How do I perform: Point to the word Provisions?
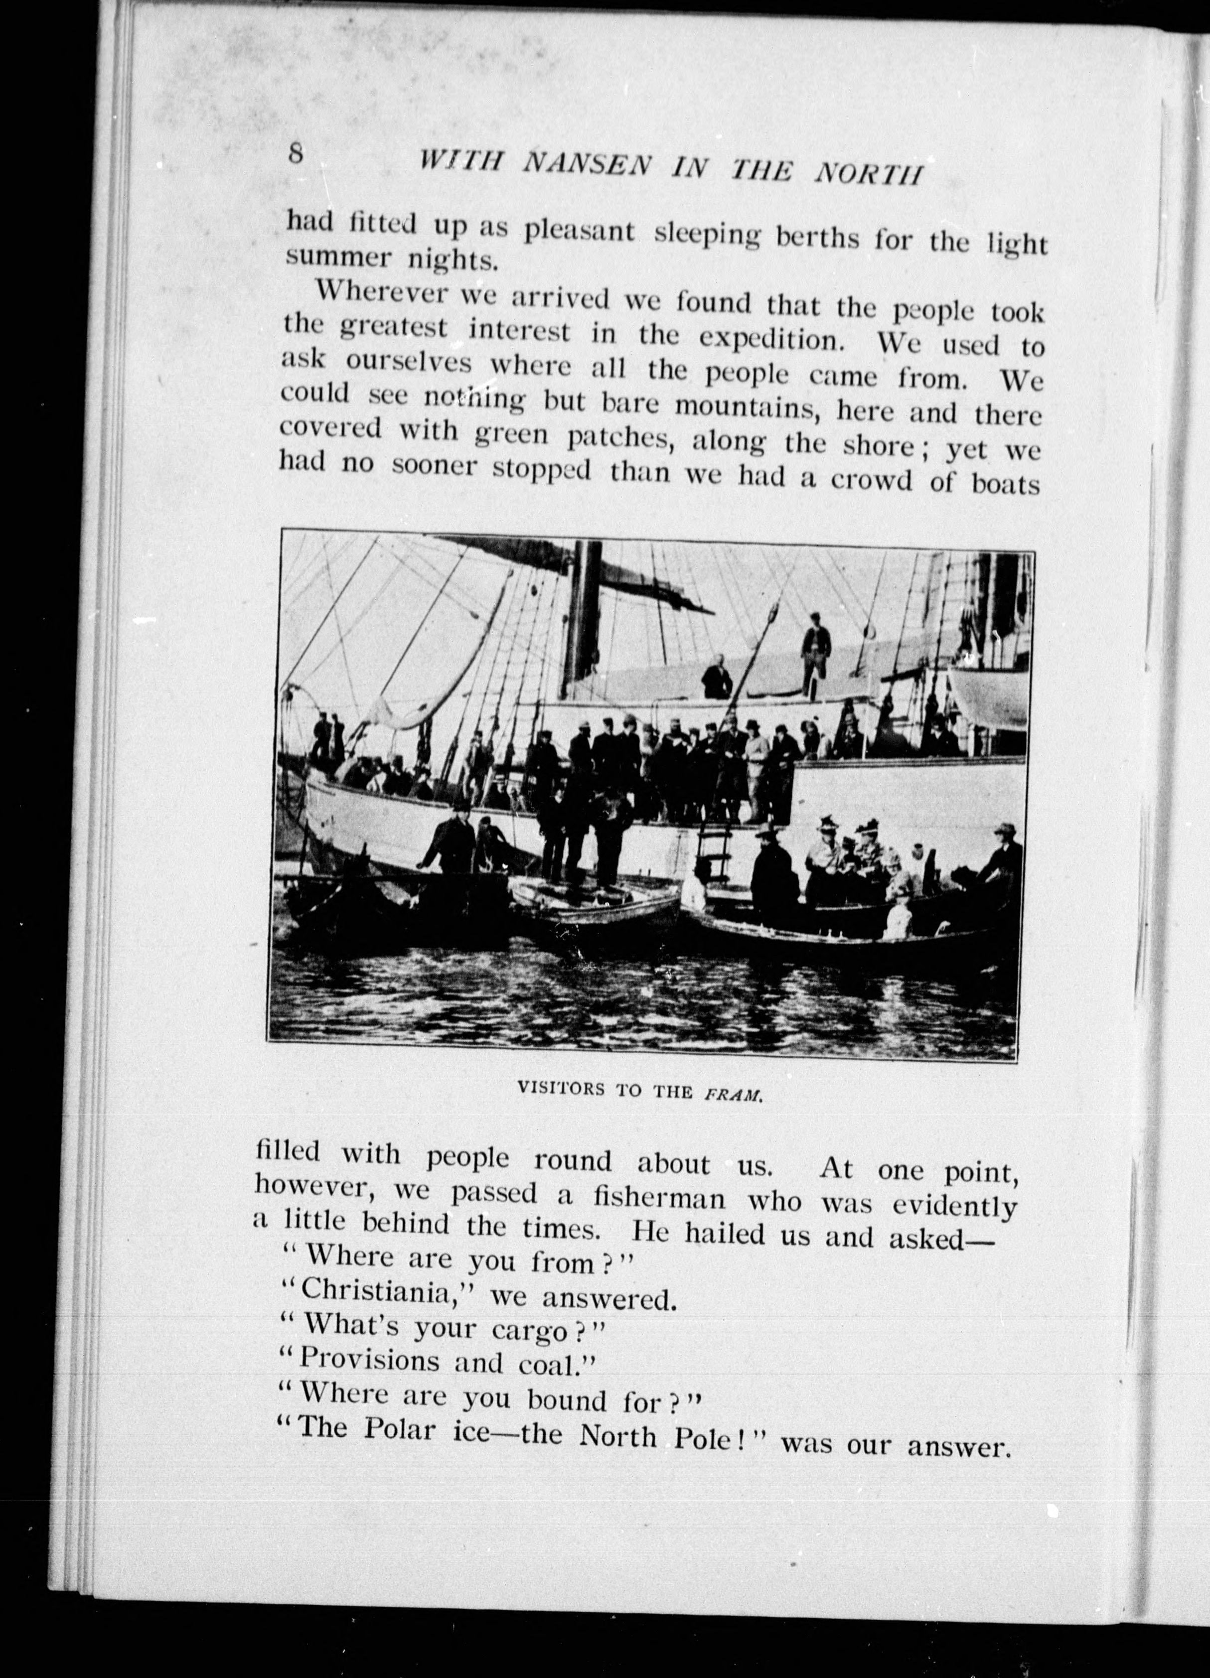[371, 1381]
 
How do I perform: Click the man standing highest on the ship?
[815, 652]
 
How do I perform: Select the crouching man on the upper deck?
[716, 677]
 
